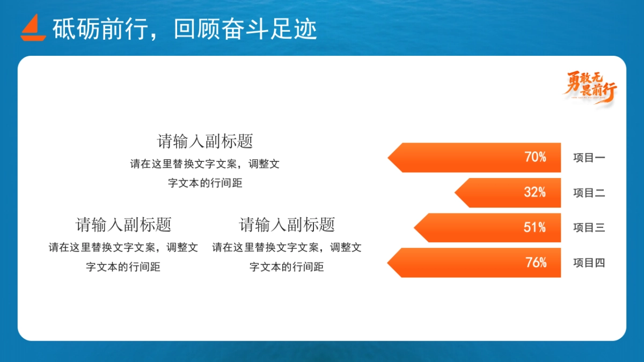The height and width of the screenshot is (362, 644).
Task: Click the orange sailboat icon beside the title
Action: point(33,27)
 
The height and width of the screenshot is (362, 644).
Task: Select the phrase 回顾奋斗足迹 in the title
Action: point(245,29)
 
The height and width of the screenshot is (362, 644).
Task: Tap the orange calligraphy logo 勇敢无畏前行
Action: point(590,87)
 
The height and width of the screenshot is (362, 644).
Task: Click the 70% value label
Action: point(535,158)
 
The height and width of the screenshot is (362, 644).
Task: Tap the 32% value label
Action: point(535,193)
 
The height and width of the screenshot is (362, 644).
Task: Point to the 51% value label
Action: point(535,227)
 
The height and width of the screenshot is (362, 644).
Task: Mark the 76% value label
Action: point(536,263)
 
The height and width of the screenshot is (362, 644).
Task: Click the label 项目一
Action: point(589,158)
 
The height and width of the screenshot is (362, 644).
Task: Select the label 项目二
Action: point(589,193)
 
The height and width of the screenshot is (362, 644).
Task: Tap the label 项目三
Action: point(589,228)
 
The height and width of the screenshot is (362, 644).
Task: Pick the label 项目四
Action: point(589,263)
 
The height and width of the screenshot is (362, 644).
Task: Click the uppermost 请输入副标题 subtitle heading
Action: point(205,142)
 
